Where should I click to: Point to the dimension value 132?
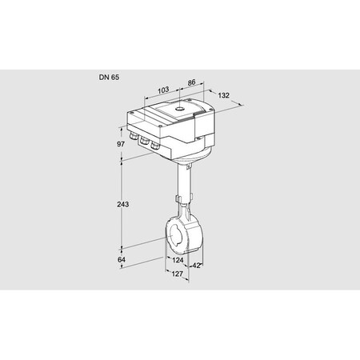point(223,95)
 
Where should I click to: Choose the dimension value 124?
point(178,259)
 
